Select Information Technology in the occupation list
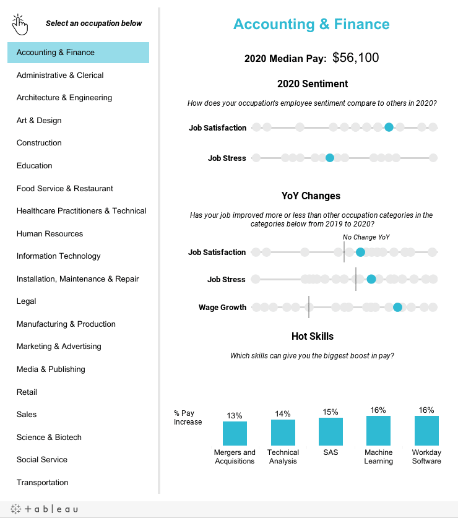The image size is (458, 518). click(x=59, y=256)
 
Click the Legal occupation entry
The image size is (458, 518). click(x=27, y=301)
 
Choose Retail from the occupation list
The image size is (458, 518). click(x=27, y=392)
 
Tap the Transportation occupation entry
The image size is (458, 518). click(x=42, y=482)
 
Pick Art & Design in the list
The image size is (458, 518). click(x=39, y=121)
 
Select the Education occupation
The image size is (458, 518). click(x=35, y=165)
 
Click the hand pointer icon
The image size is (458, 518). click(x=20, y=25)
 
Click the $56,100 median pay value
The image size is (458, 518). click(x=355, y=58)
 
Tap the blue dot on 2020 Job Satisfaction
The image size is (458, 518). click(x=389, y=127)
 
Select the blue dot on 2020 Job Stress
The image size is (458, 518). click(x=330, y=158)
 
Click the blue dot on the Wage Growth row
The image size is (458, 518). click(x=397, y=307)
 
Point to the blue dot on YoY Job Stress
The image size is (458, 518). click(x=371, y=279)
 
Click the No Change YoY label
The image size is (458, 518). click(x=366, y=237)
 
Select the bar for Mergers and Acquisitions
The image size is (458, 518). click(x=235, y=433)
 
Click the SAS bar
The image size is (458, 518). click(x=331, y=431)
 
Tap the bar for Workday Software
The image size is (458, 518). click(x=426, y=431)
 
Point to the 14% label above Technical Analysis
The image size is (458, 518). click(x=283, y=414)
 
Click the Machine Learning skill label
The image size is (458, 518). click(x=378, y=457)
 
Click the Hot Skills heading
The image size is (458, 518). click(x=313, y=336)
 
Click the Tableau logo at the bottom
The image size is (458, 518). click(x=45, y=509)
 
